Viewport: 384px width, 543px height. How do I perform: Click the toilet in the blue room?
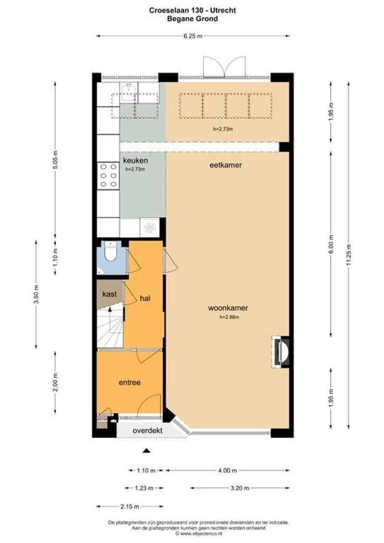[x=110, y=254]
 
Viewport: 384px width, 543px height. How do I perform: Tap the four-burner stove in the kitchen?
[x=107, y=175]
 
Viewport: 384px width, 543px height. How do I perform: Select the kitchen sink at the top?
[x=128, y=94]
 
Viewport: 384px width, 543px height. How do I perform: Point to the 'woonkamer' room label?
[x=229, y=308]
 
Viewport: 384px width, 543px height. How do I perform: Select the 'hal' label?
[x=146, y=298]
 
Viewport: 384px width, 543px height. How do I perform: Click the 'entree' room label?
[x=129, y=383]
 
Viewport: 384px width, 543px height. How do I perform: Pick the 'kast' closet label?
[x=110, y=293]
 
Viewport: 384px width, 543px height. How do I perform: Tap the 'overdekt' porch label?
[x=147, y=431]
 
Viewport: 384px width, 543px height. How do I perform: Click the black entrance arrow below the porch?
[x=146, y=450]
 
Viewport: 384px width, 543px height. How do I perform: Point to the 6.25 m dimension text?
[x=193, y=36]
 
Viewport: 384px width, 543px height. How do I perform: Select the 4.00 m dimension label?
[x=228, y=471]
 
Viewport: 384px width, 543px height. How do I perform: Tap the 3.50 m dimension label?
[x=36, y=294]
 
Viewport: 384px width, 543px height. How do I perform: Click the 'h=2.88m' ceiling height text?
[x=229, y=317]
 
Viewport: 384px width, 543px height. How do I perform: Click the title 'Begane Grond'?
[x=193, y=19]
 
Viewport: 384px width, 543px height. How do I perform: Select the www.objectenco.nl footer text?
[x=193, y=534]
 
